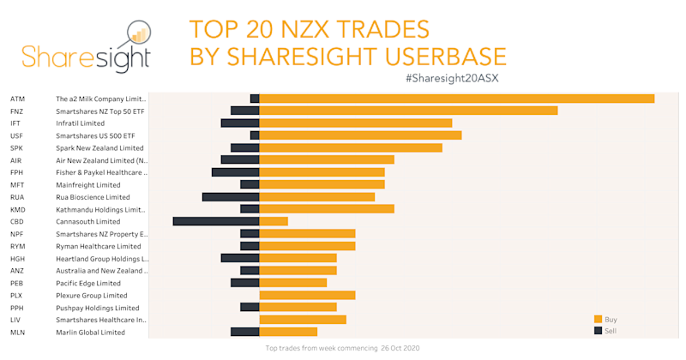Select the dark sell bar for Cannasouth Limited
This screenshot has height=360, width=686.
(215, 221)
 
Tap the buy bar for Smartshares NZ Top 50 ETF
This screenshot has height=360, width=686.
(408, 111)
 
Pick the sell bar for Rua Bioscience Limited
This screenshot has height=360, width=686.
(230, 197)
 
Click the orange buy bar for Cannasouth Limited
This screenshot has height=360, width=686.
(273, 221)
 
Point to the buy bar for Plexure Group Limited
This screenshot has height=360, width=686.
(307, 295)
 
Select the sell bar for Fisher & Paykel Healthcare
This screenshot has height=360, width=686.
(235, 172)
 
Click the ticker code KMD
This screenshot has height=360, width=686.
(17, 209)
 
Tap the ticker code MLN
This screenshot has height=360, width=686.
(17, 332)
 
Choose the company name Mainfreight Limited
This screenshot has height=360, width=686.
(88, 185)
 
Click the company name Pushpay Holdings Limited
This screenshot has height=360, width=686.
(97, 308)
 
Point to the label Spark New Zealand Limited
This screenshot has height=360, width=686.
(99, 148)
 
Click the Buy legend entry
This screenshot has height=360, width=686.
(611, 319)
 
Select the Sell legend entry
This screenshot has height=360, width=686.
(611, 330)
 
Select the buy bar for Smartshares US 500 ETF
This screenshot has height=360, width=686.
(360, 135)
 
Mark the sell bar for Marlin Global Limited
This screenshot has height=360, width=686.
(244, 332)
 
